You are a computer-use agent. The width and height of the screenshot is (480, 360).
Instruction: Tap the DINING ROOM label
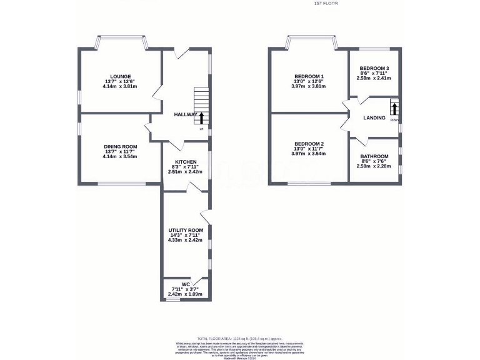(x=121, y=146)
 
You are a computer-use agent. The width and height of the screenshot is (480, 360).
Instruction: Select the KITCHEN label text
(x=186, y=161)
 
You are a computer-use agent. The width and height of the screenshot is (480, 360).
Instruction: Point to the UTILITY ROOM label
(x=186, y=230)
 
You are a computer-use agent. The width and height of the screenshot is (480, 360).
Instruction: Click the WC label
(x=186, y=284)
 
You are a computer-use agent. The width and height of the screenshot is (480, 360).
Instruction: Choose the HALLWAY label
(x=186, y=114)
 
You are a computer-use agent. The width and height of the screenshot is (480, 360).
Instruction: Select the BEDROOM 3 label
(x=374, y=68)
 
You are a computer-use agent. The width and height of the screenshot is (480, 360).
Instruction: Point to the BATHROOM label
(x=374, y=156)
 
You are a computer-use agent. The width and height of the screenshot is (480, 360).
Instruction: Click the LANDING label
(x=374, y=117)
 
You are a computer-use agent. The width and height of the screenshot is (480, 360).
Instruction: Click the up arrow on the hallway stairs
(x=202, y=117)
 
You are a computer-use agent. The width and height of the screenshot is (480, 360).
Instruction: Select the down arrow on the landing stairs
(x=394, y=107)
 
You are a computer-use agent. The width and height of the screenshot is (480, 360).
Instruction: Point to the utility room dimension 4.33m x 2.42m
(x=186, y=240)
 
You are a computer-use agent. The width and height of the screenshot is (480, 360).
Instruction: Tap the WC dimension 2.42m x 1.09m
(x=186, y=294)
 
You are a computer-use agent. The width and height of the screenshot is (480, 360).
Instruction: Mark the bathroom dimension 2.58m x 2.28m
(x=374, y=166)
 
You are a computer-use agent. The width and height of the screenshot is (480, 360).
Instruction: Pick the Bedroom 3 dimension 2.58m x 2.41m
(x=374, y=78)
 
